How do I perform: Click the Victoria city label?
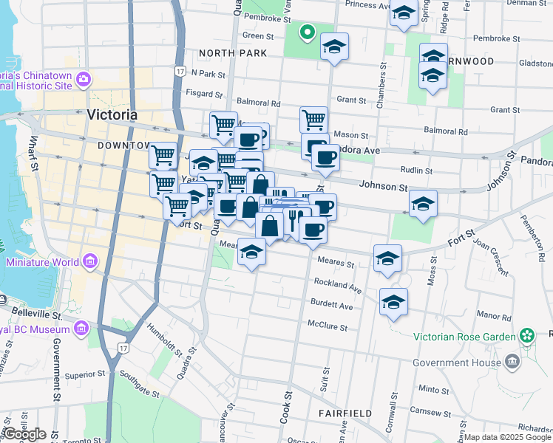(x=112, y=114)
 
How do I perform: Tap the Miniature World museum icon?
(x=90, y=261)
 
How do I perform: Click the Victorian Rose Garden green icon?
(x=526, y=337)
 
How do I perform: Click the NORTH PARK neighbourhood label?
(x=226, y=53)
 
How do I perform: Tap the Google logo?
(x=24, y=434)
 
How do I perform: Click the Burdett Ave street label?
(x=332, y=305)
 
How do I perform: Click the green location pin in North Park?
(x=307, y=32)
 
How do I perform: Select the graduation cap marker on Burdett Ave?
(x=394, y=302)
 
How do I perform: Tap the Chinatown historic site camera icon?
(x=83, y=78)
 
